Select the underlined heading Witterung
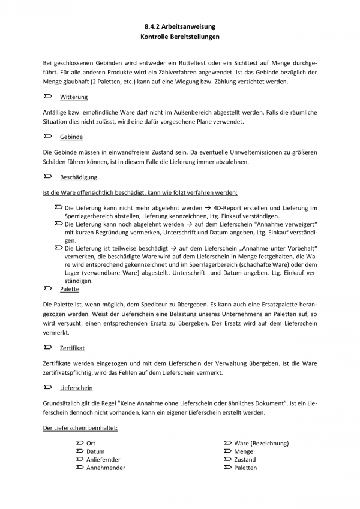(74, 97)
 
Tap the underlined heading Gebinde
(71, 137)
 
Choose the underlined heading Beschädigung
(79, 177)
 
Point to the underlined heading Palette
(70, 289)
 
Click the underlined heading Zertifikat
(73, 347)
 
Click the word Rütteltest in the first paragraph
(182, 62)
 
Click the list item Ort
(91, 443)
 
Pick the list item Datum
(95, 451)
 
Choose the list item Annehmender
(106, 468)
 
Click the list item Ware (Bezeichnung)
(261, 443)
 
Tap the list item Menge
(244, 451)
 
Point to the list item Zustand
(245, 460)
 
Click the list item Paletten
(245, 468)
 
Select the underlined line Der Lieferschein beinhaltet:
(80, 428)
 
